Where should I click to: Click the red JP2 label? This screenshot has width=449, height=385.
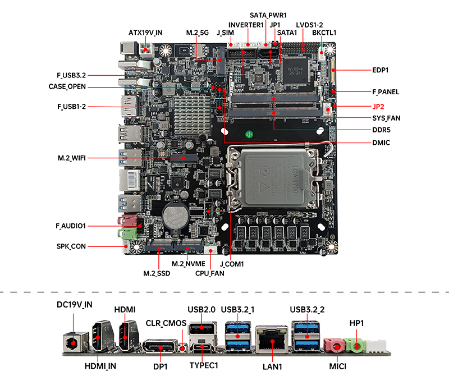(x=378, y=107)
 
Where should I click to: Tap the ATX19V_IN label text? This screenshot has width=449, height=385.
(x=145, y=33)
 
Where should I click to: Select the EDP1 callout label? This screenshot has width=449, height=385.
(x=381, y=70)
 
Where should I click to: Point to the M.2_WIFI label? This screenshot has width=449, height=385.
(x=72, y=158)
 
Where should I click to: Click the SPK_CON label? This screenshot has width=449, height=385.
(x=71, y=246)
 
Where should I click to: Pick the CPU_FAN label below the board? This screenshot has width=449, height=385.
(x=209, y=273)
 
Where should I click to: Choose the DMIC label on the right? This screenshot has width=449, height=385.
(x=381, y=143)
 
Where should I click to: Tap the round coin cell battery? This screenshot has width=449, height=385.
(x=175, y=216)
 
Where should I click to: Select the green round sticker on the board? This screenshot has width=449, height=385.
(x=249, y=134)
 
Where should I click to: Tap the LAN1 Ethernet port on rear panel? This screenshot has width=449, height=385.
(x=272, y=339)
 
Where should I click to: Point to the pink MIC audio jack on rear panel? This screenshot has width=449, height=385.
(x=335, y=345)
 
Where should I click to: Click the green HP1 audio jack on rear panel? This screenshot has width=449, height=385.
(x=355, y=345)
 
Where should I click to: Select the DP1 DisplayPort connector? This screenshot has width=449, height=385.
(x=161, y=346)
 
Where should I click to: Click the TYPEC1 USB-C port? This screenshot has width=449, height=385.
(x=202, y=347)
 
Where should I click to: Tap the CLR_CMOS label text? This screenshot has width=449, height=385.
(x=166, y=323)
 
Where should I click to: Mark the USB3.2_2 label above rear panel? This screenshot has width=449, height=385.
(x=307, y=310)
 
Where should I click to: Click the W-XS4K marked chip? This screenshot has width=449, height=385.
(x=295, y=71)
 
